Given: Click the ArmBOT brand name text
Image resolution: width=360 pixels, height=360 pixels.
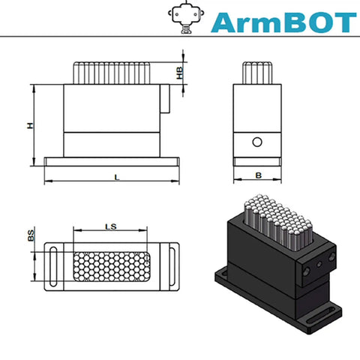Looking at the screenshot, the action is coord(283,22).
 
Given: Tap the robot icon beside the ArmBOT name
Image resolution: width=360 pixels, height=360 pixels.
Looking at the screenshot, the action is coord(186,17).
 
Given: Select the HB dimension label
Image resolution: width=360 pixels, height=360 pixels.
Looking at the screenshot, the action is coord(180,73).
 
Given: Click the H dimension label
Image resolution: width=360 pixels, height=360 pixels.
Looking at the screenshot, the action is coord(30,125).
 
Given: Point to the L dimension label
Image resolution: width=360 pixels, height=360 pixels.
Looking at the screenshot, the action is coord(117,178).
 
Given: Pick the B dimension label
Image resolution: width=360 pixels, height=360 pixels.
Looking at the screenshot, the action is coord(259,175).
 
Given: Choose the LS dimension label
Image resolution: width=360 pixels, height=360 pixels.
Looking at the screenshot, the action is coord(111,226).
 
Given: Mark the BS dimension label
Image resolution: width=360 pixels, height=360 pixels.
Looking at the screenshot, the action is coord(31,235).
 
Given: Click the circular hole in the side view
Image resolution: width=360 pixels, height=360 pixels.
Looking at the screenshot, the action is coord(257,142).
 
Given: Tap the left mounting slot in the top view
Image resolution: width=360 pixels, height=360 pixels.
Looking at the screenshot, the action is coord(53,266).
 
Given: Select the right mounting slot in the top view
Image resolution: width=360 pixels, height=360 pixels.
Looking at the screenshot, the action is coord(172,266).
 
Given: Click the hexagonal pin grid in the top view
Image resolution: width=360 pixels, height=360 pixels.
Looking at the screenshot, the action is coord(112,266).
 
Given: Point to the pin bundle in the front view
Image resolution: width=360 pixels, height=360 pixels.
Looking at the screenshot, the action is coord(112,73).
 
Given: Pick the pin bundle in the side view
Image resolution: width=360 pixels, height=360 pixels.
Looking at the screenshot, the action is coord(257,73).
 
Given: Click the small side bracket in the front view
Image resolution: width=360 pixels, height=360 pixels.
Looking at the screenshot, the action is coord(165,98).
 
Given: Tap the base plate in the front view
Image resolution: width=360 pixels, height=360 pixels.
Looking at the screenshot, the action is coord(112,162).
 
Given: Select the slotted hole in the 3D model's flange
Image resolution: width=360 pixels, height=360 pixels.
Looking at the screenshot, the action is coord(321,317).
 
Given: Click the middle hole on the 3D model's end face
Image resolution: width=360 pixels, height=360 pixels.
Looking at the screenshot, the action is coord(319,265).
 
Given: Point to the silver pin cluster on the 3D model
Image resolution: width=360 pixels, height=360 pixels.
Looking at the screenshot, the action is coord(278,221).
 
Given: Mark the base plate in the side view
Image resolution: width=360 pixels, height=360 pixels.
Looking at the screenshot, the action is coord(257,162).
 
